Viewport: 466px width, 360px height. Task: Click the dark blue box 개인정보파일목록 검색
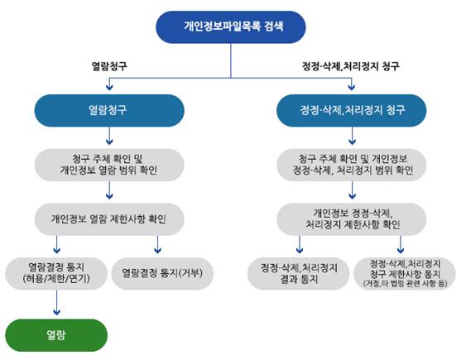point(231,27)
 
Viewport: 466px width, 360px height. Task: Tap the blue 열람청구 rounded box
point(109,111)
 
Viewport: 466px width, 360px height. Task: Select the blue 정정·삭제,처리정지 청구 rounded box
point(352,111)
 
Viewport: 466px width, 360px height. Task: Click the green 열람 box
point(56,335)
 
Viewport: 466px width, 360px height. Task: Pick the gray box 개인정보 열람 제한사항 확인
point(109,219)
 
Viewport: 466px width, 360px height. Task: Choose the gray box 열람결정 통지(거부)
point(162,273)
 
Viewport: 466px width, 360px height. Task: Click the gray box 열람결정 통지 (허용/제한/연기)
point(56,273)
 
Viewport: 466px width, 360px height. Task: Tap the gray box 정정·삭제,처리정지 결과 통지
point(298,273)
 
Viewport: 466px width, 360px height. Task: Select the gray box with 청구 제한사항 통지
point(405,273)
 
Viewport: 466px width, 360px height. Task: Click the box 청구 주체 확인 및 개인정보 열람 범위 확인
point(109,165)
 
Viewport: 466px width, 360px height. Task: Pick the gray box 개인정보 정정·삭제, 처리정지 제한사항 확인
point(352,219)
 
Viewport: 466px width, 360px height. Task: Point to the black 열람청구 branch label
point(109,66)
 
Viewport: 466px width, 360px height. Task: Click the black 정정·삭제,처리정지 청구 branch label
point(351,66)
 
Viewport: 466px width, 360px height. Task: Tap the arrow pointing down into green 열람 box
point(56,302)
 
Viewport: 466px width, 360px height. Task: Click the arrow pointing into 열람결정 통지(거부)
point(157,244)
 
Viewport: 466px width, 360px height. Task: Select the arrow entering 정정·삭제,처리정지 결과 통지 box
point(300,244)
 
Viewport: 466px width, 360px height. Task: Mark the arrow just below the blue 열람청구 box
point(109,136)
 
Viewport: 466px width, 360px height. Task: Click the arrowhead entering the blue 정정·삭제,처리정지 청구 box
point(352,87)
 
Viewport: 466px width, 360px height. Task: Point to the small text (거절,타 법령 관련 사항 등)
point(405,283)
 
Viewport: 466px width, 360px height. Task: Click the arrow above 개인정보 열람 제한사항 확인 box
point(109,190)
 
